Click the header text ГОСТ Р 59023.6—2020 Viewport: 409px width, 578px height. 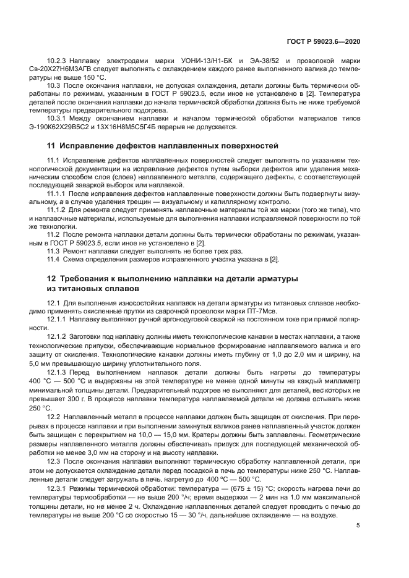(324, 41)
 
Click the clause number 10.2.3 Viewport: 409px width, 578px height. (59, 61)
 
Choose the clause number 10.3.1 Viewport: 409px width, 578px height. (59, 117)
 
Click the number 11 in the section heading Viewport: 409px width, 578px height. (51, 146)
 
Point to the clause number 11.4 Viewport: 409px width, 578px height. (54, 258)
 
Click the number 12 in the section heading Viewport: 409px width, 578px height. (51, 279)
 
